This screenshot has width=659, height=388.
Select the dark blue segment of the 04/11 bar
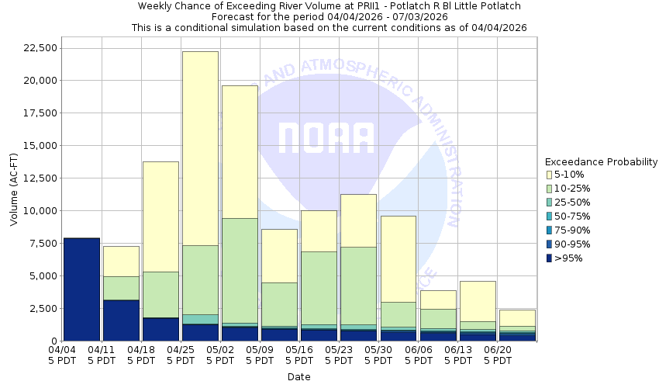(x=121, y=320)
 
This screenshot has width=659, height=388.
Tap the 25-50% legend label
(x=573, y=203)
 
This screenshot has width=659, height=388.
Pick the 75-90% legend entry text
(x=573, y=230)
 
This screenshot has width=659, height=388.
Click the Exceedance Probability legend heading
(x=601, y=162)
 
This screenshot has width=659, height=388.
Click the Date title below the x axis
(x=298, y=377)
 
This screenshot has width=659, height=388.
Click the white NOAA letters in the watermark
(x=326, y=138)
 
